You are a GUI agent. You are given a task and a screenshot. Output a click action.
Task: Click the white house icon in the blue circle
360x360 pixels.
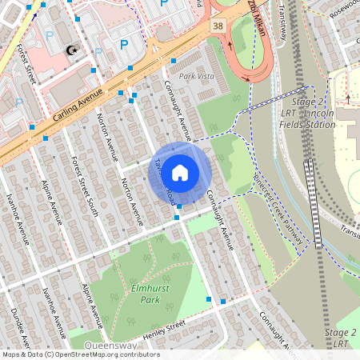click(180, 172)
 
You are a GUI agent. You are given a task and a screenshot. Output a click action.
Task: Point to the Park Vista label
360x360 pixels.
click(197, 76)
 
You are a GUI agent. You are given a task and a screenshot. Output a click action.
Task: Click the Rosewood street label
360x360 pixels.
click(342, 7)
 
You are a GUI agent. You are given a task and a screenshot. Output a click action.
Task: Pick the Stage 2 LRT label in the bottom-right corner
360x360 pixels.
click(341, 338)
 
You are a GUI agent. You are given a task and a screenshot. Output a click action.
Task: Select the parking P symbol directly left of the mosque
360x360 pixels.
click(49, 36)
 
